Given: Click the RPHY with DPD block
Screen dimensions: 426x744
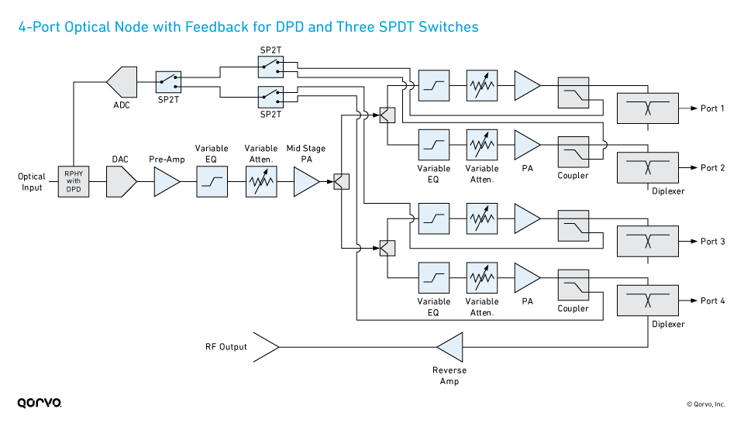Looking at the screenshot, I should pyautogui.click(x=74, y=183).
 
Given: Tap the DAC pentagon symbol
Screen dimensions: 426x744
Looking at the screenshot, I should pyautogui.click(x=121, y=183).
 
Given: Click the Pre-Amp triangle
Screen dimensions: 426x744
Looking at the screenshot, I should pyautogui.click(x=166, y=183).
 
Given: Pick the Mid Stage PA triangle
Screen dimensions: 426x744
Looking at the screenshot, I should pyautogui.click(x=305, y=183).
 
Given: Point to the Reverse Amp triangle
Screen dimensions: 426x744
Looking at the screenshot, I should pyautogui.click(x=451, y=347).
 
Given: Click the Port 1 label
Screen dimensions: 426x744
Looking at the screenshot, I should pyautogui.click(x=712, y=108).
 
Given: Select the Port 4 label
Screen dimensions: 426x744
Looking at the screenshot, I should pyautogui.click(x=712, y=301).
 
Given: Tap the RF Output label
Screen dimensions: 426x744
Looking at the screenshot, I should pyautogui.click(x=226, y=347).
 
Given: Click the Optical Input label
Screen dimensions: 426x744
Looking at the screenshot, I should pyautogui.click(x=32, y=182).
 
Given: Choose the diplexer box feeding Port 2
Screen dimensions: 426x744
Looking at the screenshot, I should pyautogui.click(x=647, y=167).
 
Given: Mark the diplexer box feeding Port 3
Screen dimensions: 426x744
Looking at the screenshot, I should pyautogui.click(x=647, y=241).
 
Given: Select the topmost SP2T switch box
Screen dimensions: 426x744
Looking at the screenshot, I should pyautogui.click(x=270, y=68).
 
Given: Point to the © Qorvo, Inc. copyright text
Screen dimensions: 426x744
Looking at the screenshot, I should pyautogui.click(x=704, y=404).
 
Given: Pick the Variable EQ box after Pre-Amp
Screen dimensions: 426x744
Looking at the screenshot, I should pyautogui.click(x=212, y=183).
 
